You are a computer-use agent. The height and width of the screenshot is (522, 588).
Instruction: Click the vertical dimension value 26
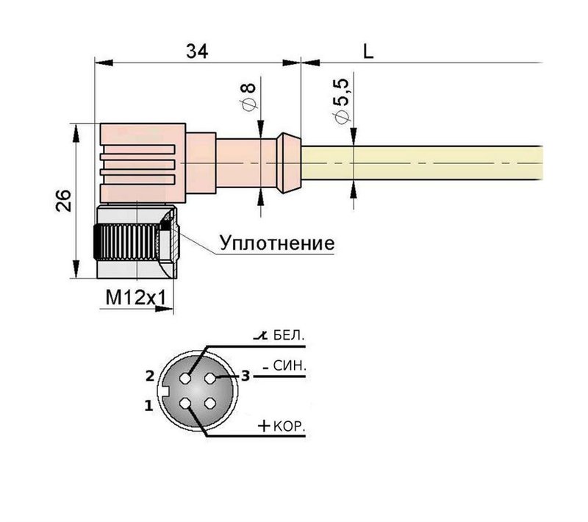click(63, 201)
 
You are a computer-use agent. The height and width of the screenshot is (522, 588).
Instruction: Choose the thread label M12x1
click(137, 298)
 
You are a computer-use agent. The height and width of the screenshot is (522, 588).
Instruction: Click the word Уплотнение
click(276, 243)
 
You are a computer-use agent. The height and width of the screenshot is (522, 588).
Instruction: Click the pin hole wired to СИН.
click(212, 378)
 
